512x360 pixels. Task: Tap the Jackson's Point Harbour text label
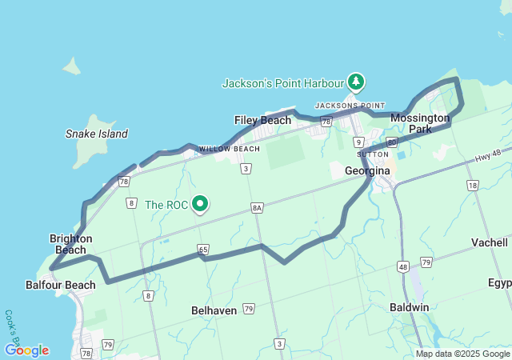click(x=284, y=82)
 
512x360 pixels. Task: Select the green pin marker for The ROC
click(x=199, y=205)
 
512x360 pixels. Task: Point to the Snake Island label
click(x=97, y=134)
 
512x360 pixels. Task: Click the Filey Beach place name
click(x=262, y=120)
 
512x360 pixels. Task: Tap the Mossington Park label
click(x=420, y=123)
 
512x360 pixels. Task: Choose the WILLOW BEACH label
click(x=230, y=149)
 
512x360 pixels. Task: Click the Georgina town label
click(x=367, y=171)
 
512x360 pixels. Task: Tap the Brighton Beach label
click(x=71, y=244)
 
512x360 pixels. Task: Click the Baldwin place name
click(x=410, y=307)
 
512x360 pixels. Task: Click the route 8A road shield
click(x=257, y=207)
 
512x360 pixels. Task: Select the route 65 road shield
click(x=203, y=250)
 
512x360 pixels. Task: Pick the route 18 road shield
click(x=473, y=186)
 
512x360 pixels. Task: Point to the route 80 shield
click(x=391, y=142)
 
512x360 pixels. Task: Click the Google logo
click(x=26, y=350)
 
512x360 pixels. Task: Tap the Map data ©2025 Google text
click(x=462, y=354)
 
